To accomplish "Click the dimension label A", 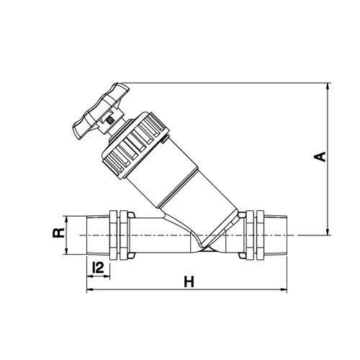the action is point(320,157).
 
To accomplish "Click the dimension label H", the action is point(189,282).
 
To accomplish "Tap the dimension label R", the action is point(58,233).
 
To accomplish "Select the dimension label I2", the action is point(98,268).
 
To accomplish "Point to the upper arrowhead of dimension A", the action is point(328,86).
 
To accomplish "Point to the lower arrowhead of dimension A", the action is point(328,232).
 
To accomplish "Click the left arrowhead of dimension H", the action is point(90,289).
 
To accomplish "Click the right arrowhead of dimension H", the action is point(284,289).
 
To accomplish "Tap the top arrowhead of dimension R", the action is point(67,220).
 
